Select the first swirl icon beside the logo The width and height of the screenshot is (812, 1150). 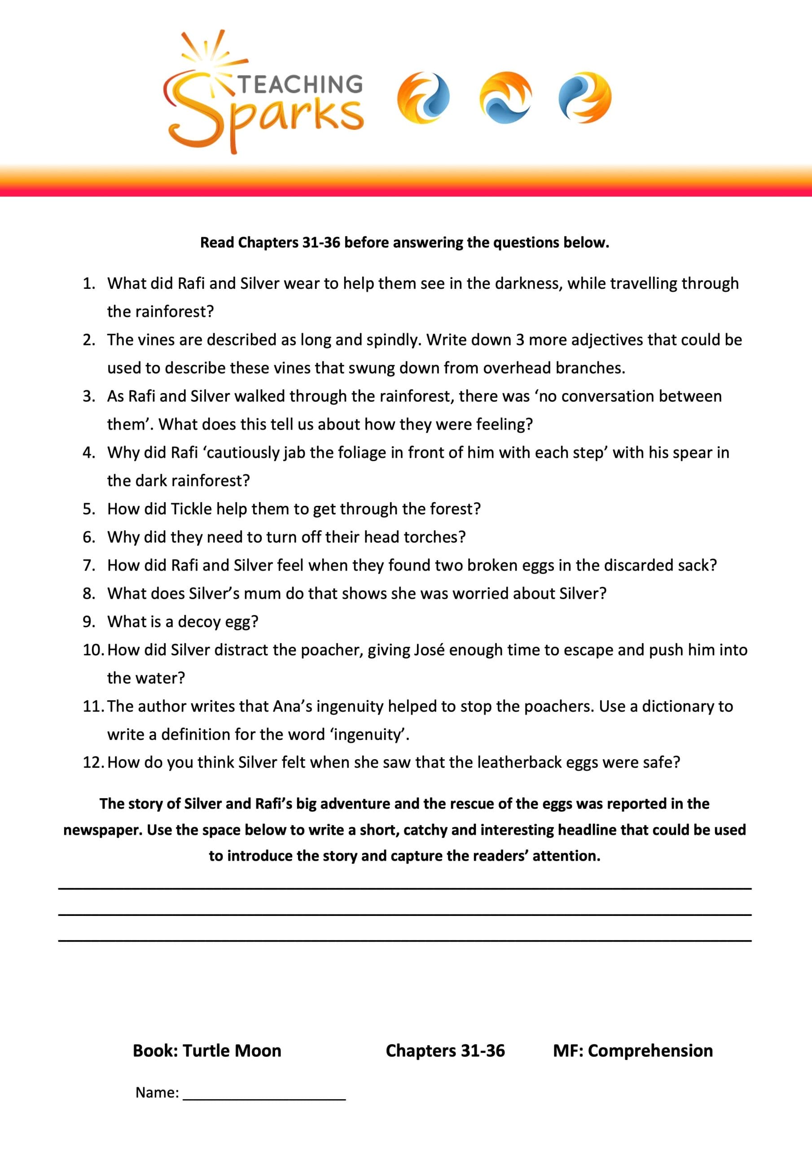pyautogui.click(x=423, y=97)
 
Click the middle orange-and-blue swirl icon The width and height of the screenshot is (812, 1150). pyautogui.click(x=505, y=97)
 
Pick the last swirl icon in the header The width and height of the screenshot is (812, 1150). pyautogui.click(x=585, y=97)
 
